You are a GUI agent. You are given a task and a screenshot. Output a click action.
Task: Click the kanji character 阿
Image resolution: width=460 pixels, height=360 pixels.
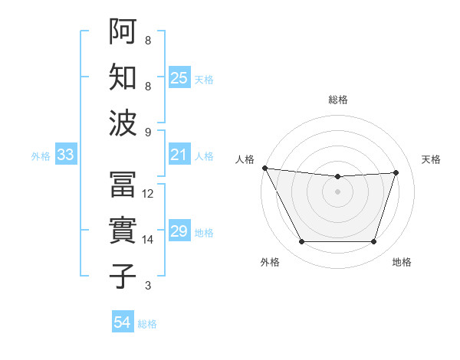[123, 31]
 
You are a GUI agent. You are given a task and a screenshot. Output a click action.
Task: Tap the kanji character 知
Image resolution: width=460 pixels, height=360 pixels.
[123, 77]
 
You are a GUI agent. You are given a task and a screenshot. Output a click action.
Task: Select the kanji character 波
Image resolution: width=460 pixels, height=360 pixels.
[123, 123]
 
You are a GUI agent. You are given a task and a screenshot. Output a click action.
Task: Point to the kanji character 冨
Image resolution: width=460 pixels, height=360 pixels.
[123, 185]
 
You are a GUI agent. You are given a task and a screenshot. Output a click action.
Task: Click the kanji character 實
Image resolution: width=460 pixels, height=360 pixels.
[123, 231]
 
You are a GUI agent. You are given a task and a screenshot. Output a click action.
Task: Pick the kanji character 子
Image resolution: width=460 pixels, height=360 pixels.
[123, 277]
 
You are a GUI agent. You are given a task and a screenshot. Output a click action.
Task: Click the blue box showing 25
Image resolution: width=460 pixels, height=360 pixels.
[179, 78]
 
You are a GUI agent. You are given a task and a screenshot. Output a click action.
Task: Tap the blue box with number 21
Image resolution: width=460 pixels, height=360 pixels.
[179, 155]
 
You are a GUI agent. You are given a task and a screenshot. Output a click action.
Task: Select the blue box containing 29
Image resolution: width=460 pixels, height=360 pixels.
[179, 232]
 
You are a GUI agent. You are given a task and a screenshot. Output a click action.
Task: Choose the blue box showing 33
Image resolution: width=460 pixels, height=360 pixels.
[66, 155]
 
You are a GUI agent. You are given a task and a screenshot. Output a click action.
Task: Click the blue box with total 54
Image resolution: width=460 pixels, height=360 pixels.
[123, 322]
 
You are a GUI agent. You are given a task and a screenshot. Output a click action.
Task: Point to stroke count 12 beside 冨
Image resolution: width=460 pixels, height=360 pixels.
[148, 194]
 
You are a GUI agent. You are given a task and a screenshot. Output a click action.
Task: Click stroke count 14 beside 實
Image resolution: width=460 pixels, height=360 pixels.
[148, 240]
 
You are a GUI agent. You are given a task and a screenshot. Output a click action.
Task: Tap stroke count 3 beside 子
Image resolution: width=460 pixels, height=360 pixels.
[148, 286]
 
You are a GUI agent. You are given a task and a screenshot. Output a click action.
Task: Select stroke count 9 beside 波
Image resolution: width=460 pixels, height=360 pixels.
[148, 132]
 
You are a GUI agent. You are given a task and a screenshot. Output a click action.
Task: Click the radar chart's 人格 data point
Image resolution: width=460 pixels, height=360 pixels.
[264, 168]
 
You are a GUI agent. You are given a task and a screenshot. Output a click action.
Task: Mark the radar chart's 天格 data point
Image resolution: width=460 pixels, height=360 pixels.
[396, 172]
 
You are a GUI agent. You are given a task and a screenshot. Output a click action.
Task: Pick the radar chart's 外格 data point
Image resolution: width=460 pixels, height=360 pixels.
[301, 242]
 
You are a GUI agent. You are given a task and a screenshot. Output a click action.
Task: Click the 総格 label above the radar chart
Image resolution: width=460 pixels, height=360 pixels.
[337, 100]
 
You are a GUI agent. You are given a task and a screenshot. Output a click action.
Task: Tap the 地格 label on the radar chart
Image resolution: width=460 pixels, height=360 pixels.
[402, 263]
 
